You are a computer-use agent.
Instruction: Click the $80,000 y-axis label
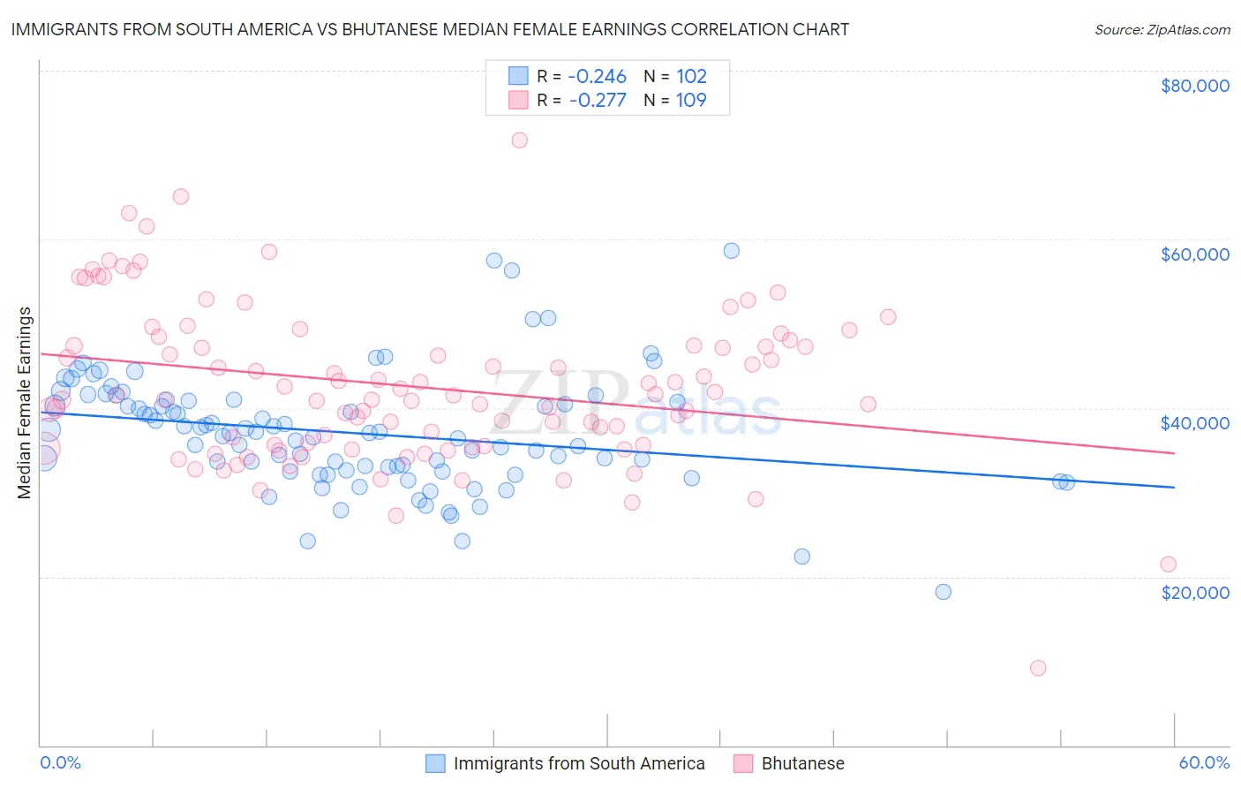[x=1194, y=86]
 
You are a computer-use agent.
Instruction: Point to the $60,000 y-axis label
[x=1194, y=254]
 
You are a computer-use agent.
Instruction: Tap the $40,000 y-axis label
[x=1194, y=423]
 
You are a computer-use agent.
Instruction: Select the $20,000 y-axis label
[x=1194, y=592]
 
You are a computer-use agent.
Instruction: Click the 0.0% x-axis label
[x=60, y=762]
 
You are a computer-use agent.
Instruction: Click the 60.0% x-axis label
[x=1203, y=762]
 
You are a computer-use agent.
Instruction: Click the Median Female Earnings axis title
[x=25, y=403]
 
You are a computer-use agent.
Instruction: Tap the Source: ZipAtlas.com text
[x=1162, y=29]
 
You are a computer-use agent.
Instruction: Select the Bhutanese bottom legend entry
[x=802, y=763]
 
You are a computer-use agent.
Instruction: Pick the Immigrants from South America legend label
[x=579, y=763]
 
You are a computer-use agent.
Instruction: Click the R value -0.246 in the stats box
[x=597, y=76]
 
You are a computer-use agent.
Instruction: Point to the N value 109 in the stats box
[x=691, y=100]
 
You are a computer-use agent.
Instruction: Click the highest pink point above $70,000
[x=520, y=140]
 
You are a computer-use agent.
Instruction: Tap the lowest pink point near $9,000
[x=1038, y=668]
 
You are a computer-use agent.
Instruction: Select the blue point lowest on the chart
[x=944, y=592]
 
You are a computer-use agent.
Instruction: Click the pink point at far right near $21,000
[x=1168, y=564]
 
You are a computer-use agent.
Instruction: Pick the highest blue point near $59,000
[x=732, y=251]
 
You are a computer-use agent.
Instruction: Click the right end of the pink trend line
[x=1174, y=453]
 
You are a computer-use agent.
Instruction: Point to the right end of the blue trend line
[x=1174, y=487]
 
